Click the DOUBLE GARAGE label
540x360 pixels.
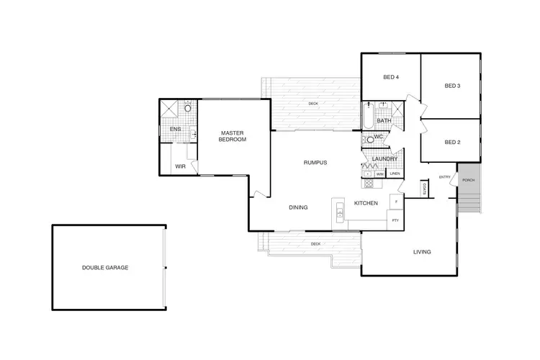(105, 267)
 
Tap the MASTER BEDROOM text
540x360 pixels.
(233, 136)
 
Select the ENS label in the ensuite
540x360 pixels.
(174, 130)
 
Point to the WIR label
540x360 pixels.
(180, 166)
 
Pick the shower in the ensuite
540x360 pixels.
(171, 109)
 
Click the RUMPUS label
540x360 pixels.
(315, 163)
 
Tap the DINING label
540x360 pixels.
(298, 207)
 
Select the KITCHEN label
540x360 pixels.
(366, 204)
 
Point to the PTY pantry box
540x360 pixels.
(395, 220)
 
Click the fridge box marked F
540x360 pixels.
(395, 200)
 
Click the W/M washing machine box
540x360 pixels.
(379, 174)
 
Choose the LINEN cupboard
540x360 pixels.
(395, 174)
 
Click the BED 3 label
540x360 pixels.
(452, 86)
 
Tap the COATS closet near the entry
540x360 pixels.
(426, 188)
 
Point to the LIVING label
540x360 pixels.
(422, 252)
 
